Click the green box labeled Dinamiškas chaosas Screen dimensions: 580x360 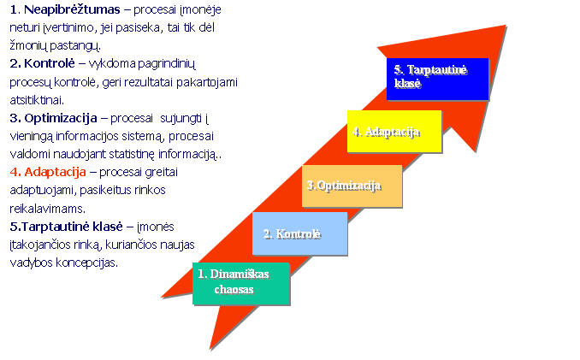(241, 284)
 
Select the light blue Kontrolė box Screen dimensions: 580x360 (300, 233)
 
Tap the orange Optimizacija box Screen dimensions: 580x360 (352, 186)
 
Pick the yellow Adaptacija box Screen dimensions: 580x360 (394, 131)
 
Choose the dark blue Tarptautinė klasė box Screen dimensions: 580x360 (438, 79)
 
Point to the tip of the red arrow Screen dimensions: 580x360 (506, 26)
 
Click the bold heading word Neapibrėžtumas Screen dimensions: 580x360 (72, 9)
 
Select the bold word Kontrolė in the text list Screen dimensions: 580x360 (50, 63)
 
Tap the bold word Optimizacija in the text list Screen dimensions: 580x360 (61, 118)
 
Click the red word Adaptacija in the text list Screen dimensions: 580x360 (55, 172)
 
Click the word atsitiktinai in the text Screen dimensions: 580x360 (37, 100)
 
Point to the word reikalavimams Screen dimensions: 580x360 (47, 209)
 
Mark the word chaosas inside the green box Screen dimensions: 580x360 (234, 289)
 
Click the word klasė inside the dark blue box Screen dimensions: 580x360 (408, 84)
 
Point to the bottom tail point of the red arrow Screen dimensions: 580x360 (211, 349)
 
